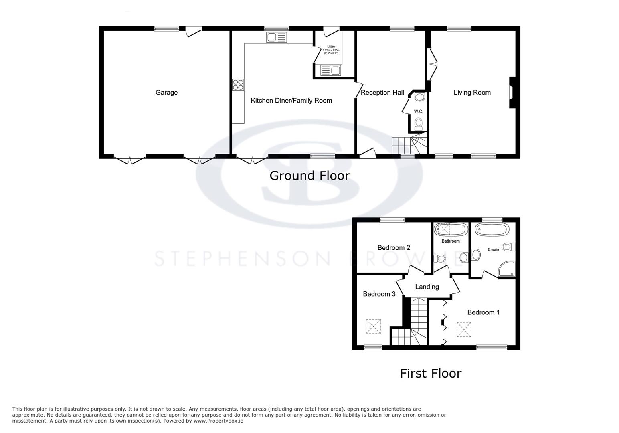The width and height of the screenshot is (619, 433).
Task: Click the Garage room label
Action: coord(166,93)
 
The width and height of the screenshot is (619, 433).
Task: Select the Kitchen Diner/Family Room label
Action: coord(291,101)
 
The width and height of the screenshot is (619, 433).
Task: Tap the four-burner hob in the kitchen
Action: coord(238,85)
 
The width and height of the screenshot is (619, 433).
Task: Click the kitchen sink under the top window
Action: coord(277,38)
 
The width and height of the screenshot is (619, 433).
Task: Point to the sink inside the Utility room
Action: coord(331,71)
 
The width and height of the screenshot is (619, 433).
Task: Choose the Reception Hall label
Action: coord(382,93)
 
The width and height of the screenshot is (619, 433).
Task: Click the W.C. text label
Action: coord(418,111)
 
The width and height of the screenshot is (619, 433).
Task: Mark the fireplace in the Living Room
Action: coord(512,93)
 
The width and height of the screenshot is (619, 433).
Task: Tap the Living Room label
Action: coord(472,93)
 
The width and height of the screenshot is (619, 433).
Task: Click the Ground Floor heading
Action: coord(309,176)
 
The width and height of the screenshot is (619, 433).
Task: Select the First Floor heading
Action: coord(431,374)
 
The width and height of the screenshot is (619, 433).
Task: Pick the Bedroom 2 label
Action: coord(394,248)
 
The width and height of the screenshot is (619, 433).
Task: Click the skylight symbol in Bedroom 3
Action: coord(373,326)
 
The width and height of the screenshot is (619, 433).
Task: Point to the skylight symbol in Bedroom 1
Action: coord(464,329)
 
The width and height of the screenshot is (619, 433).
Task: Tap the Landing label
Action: coord(427,287)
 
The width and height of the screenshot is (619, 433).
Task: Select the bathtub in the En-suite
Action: coord(492,230)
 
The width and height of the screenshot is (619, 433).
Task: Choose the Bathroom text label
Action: coord(451,241)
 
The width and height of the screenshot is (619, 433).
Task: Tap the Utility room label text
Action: coord(331,47)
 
